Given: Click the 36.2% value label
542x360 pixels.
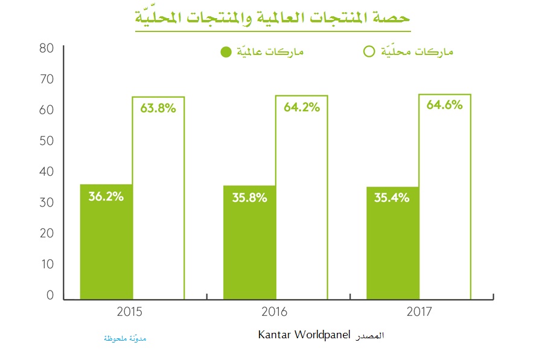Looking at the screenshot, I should pos(106,196).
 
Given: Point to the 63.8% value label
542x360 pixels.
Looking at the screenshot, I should pos(158,109).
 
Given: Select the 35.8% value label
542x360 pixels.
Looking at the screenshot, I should pos(249,198).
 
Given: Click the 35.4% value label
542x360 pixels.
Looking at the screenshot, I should pos(392,198).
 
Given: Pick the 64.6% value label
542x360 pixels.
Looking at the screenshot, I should pos(445,104).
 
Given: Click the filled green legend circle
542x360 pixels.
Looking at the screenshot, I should pos(226,52).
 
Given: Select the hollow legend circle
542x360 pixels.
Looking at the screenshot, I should pos(369,51).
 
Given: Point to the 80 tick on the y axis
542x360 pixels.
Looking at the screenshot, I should pos(46,48).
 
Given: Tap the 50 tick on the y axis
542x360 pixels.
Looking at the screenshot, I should pos(46,141).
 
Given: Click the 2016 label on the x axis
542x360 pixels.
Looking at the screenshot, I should pos(275,312).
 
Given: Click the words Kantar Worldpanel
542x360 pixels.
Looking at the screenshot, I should pos(304,335).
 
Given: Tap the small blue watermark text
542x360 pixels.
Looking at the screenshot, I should pos(125,338).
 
